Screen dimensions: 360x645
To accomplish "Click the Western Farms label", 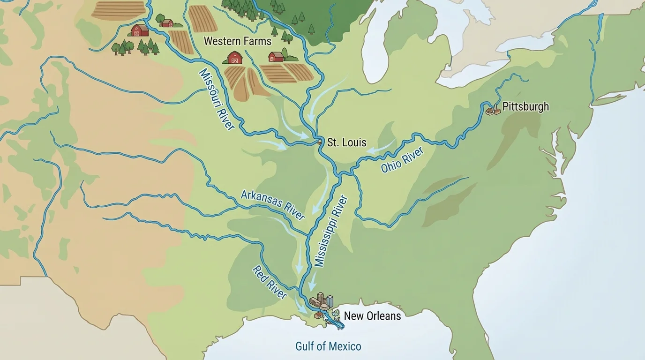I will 237,41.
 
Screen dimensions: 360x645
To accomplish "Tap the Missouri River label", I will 216,99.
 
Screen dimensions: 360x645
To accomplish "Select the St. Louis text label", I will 346,142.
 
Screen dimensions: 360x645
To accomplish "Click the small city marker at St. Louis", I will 319,142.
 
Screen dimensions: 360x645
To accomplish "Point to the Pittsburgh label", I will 525,107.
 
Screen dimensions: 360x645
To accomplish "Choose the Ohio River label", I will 402,160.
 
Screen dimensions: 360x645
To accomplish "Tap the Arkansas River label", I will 273,205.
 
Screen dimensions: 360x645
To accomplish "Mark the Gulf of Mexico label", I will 328,347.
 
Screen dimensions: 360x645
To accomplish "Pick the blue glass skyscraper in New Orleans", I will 330,301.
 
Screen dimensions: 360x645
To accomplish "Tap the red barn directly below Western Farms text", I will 235,58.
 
